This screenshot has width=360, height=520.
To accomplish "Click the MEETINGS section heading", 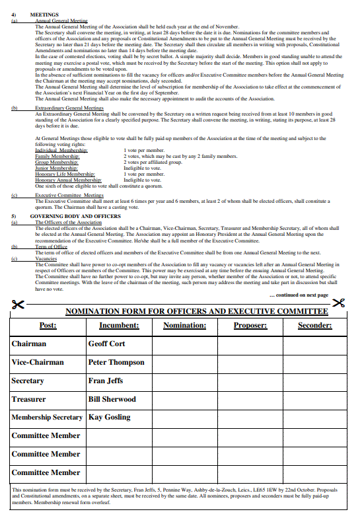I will (x=45, y=15).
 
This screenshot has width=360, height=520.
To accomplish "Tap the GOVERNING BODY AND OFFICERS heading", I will (x=75, y=216).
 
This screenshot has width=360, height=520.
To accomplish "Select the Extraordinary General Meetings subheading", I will (x=69, y=108).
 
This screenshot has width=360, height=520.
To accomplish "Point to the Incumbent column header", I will (x=119, y=325).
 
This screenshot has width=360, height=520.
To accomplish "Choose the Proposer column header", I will (x=250, y=325).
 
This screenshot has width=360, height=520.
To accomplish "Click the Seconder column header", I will (x=314, y=325).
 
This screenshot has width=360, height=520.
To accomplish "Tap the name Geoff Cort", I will (x=106, y=344).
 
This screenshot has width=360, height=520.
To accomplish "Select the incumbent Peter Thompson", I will (x=116, y=362).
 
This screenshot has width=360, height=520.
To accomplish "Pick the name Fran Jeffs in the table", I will (x=106, y=381).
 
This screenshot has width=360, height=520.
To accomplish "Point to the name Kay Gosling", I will (x=109, y=417).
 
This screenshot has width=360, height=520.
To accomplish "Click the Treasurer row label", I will (x=29, y=399).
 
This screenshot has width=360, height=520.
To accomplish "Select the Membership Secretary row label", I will (x=47, y=417).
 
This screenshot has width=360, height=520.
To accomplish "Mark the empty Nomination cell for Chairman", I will (x=184, y=344).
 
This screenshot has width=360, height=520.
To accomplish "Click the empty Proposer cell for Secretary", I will (x=250, y=381).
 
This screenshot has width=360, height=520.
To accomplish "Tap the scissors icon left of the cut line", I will (x=18, y=305).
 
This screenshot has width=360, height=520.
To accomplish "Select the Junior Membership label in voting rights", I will (x=57, y=168).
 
